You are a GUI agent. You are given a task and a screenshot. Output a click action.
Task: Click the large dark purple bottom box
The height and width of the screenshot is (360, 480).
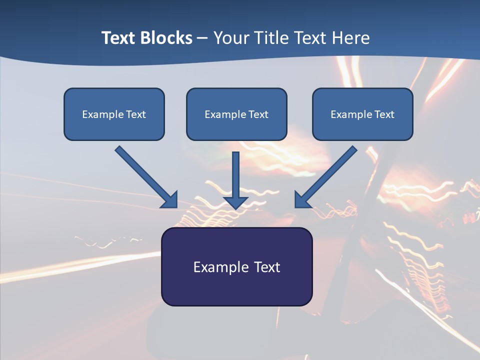click(236, 287)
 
